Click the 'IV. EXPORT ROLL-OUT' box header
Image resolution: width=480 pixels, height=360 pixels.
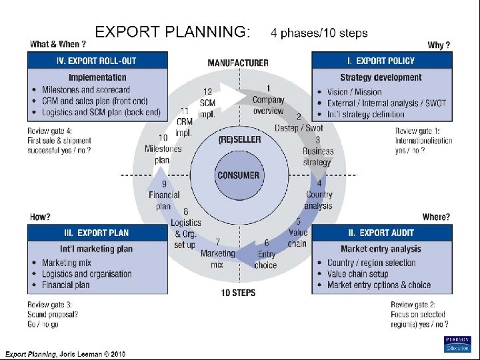point(97,61)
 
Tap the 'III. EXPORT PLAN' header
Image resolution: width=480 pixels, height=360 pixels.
point(97,233)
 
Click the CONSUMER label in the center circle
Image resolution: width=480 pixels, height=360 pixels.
point(238,175)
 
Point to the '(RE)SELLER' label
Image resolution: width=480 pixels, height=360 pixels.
point(239,139)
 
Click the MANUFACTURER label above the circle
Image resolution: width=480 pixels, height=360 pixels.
point(238,63)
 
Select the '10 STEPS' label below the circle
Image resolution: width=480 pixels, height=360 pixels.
point(238,293)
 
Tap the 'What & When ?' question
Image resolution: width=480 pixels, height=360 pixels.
point(58,45)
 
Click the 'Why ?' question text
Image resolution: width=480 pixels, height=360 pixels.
point(439,45)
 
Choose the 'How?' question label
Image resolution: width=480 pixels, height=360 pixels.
point(40,217)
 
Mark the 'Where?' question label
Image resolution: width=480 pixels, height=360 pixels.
point(436,217)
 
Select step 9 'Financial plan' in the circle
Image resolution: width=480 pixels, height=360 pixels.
point(164,196)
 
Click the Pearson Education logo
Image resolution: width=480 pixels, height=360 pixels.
point(457,343)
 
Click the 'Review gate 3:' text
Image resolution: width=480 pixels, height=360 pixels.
point(49,305)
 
